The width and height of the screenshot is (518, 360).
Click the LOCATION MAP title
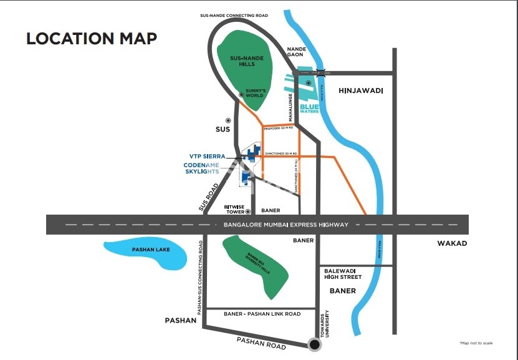[91, 38]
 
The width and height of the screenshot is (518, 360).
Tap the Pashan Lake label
[151, 250]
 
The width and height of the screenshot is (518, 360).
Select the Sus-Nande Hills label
[247, 61]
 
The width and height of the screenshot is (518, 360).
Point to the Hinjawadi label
[360, 91]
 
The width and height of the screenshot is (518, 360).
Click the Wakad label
[452, 243]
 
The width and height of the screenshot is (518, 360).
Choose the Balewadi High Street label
[343, 273]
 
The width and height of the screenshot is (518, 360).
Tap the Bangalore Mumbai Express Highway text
[285, 225]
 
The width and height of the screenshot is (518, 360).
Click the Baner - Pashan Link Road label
[262, 314]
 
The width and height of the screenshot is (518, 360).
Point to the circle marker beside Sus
[228, 120]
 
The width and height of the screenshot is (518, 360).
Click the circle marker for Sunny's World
[241, 95]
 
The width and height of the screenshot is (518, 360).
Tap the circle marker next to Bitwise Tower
[247, 211]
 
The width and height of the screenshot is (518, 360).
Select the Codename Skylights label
[201, 168]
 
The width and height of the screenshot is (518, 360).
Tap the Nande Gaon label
[295, 51]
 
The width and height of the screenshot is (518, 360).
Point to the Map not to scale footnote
[476, 343]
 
